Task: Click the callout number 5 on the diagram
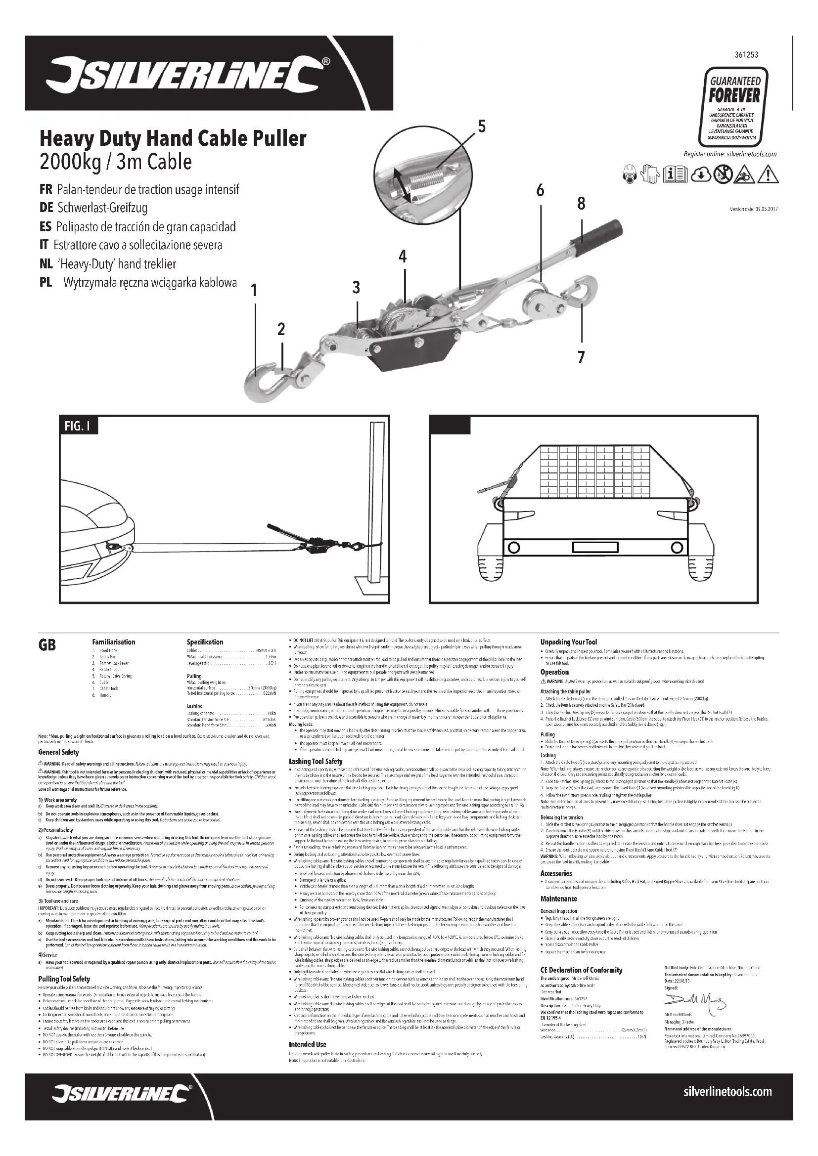[x=482, y=127]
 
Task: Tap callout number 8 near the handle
[x=581, y=204]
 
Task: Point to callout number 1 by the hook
[x=254, y=291]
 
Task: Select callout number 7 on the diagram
[x=581, y=357]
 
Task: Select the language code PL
[x=45, y=283]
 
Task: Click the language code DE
[x=46, y=208]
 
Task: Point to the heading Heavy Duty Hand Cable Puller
[x=173, y=138]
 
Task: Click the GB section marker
[x=47, y=645]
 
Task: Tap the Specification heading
[x=205, y=642]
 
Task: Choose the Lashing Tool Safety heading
[x=316, y=761]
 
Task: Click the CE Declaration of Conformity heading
[x=581, y=970]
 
